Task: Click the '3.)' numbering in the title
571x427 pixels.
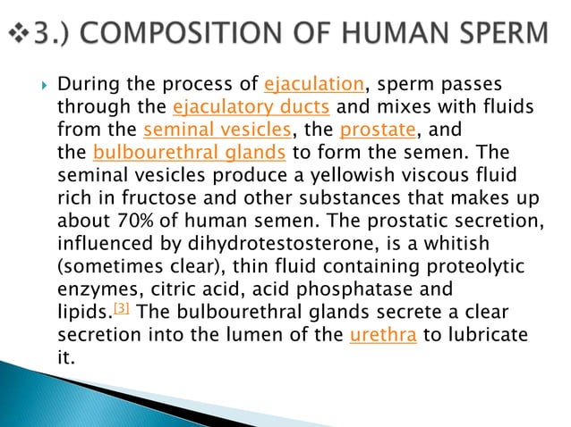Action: [57, 34]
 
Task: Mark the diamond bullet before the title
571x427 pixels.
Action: [18, 35]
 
